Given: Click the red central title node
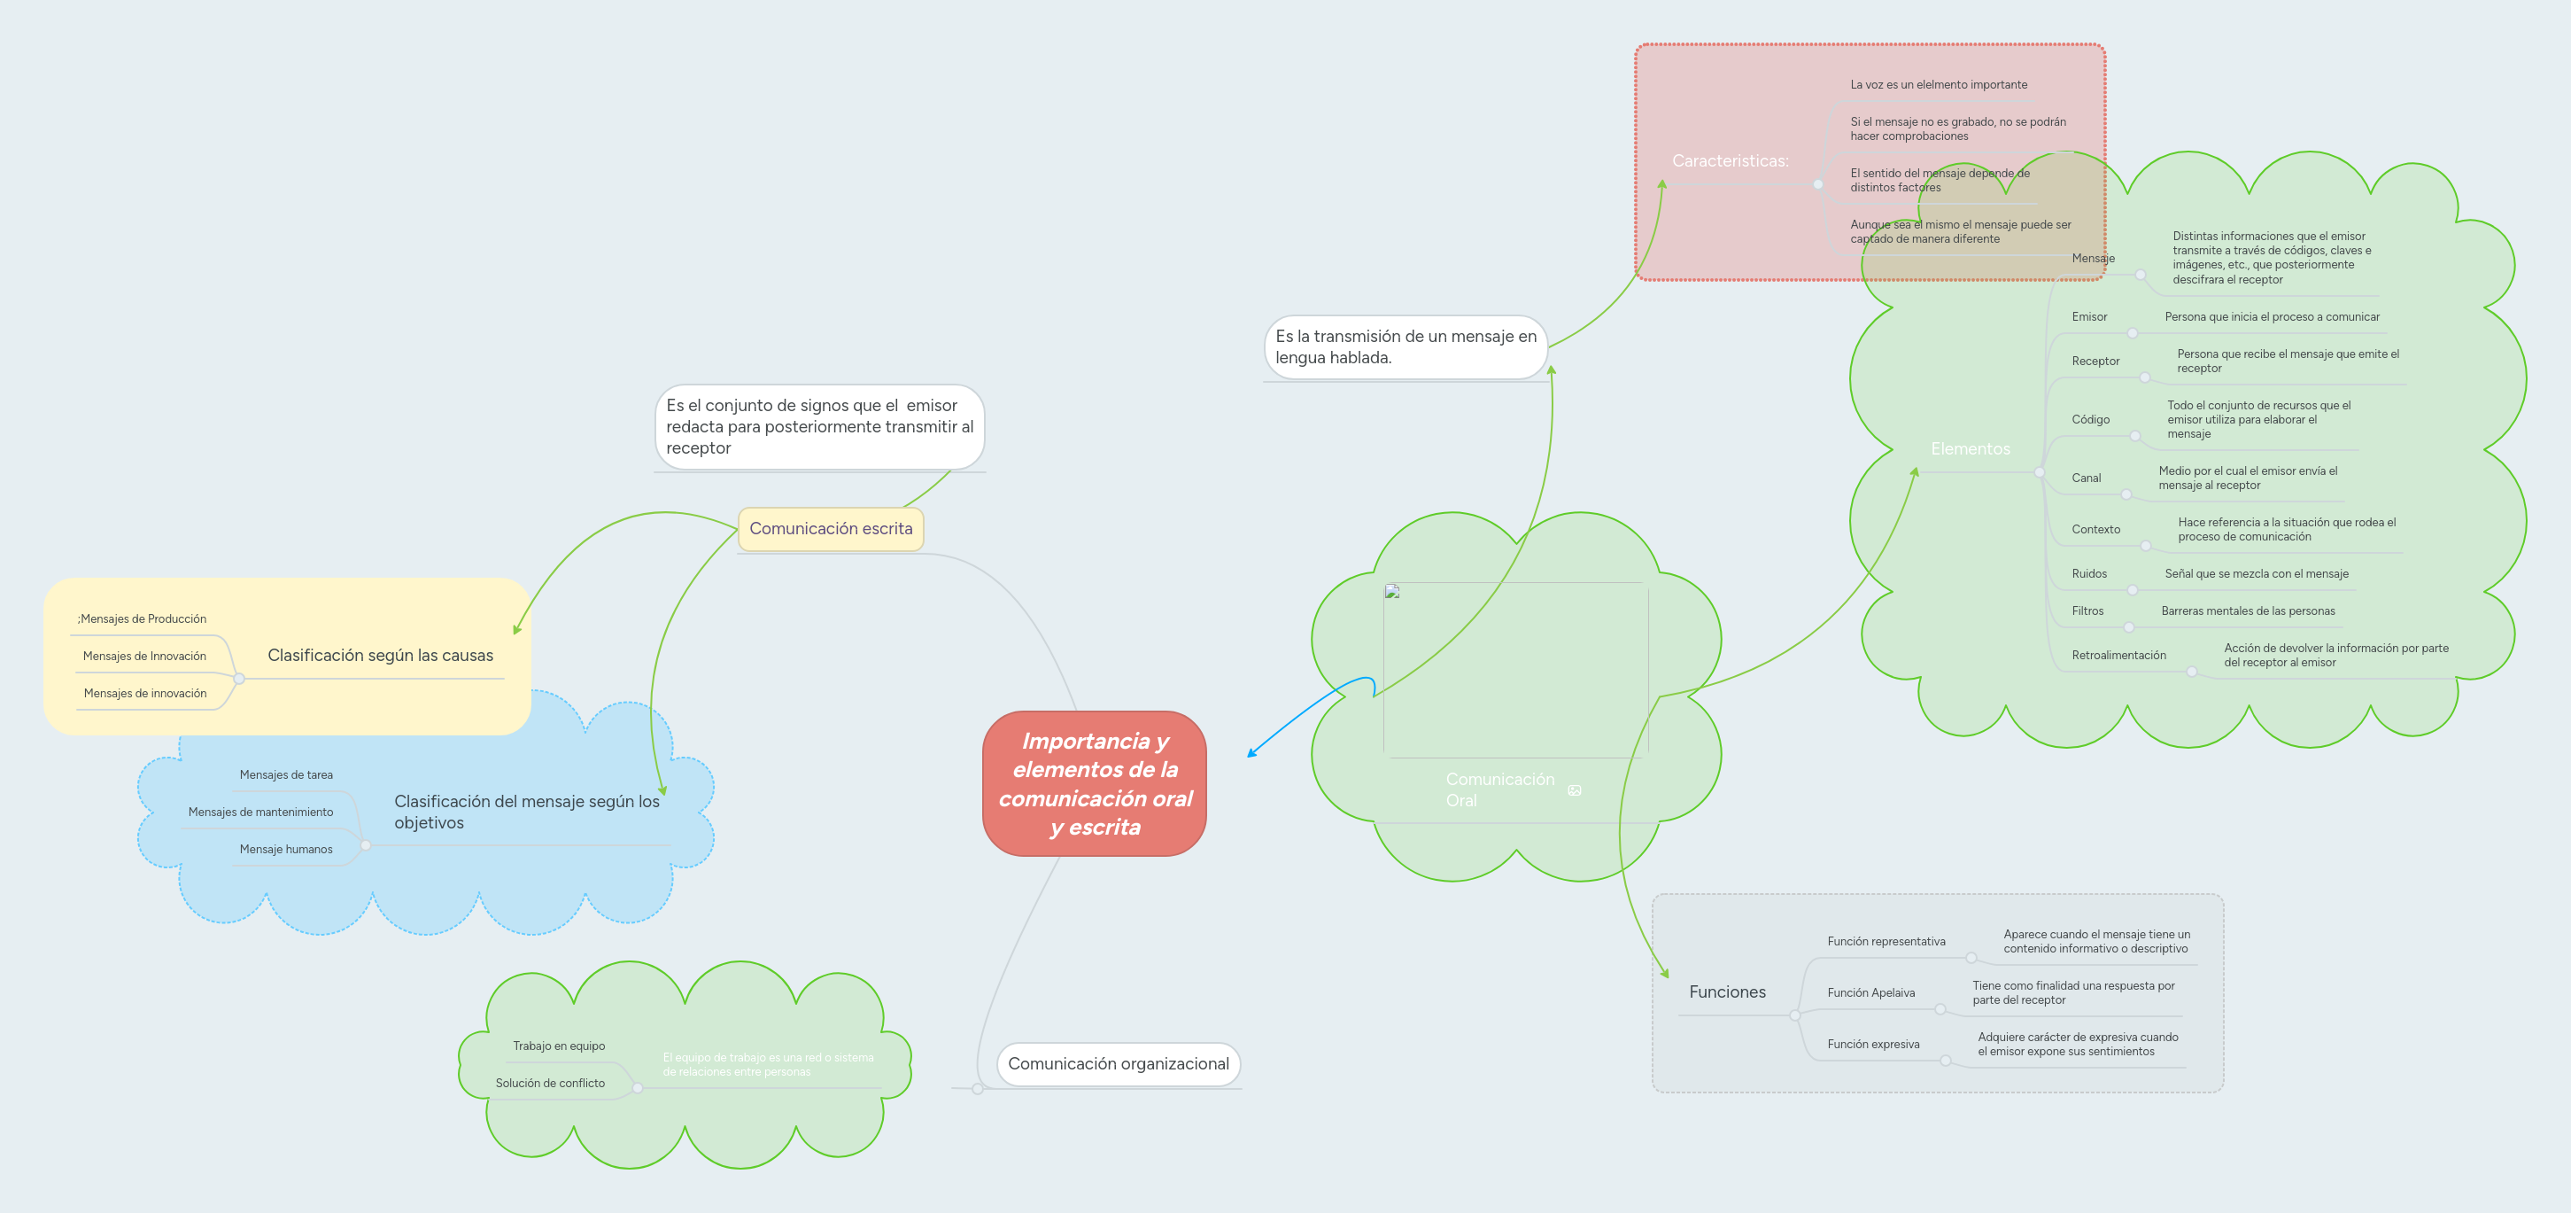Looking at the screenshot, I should coord(1095,782).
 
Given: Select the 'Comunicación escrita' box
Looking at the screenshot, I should coord(831,528).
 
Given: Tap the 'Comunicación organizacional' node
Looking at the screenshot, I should coord(1118,1063).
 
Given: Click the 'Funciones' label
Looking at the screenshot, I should coord(1727,991).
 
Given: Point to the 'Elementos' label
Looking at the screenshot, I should coord(1971,448).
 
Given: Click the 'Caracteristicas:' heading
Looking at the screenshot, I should coord(1730,160).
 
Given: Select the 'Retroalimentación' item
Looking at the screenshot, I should coord(2118,655).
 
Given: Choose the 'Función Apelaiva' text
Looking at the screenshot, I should coord(1870,992).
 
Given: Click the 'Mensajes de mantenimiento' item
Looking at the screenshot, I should coord(260,812).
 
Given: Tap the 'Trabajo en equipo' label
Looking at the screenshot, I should coord(559,1046).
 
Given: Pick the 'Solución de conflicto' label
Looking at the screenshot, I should coord(550,1082).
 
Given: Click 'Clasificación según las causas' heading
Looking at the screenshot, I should coord(380,655).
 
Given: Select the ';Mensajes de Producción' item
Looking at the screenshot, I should coord(142,619).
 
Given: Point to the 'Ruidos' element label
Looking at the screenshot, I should coord(2089,573).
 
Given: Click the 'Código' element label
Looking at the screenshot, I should coord(2090,419).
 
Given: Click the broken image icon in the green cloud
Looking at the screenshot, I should coord(1392,592).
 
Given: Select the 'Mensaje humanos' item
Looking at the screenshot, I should coord(285,849).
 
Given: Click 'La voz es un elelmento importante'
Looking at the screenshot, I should coord(1939,85).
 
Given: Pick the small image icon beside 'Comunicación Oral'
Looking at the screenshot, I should coord(1574,790).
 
